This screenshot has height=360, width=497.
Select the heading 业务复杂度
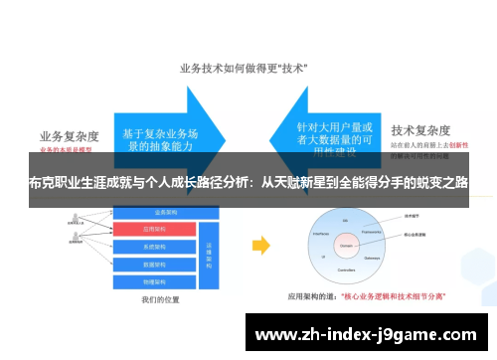[x=72, y=136]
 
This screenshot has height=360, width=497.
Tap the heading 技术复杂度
[x=422, y=130]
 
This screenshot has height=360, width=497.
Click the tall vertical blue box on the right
[x=209, y=249]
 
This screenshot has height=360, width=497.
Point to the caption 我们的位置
[x=160, y=297]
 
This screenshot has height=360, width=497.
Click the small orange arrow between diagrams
[x=258, y=244]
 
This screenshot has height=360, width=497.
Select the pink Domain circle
[x=347, y=242]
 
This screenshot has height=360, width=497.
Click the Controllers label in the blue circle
[x=347, y=269]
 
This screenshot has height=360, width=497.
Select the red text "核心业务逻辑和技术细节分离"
[x=393, y=295]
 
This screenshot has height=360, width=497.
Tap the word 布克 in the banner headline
[x=41, y=184]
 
